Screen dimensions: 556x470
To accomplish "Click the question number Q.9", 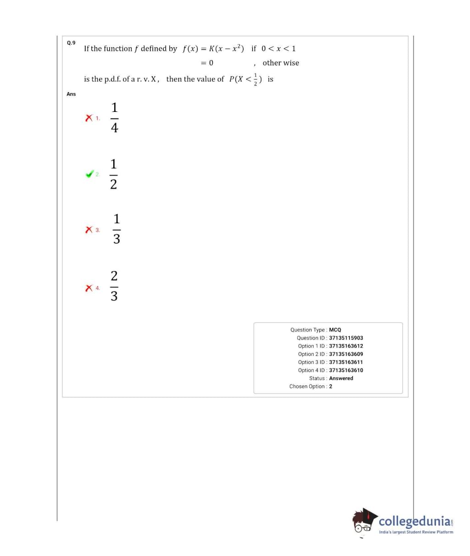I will click(71, 43).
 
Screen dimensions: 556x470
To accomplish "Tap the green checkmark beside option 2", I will click(89, 174).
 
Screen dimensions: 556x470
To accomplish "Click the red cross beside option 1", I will click(89, 118).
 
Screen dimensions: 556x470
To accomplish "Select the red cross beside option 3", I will click(89, 229).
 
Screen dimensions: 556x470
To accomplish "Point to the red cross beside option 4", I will click(89, 288).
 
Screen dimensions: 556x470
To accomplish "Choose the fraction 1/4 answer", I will click(114, 118).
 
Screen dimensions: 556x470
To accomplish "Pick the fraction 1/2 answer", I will click(113, 174).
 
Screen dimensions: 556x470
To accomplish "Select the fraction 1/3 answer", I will click(116, 229).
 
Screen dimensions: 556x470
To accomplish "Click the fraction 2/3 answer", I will click(114, 286).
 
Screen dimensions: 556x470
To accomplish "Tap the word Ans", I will click(71, 94).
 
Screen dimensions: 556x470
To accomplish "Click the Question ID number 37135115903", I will click(346, 338).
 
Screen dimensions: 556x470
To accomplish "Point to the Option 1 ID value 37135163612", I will click(346, 346).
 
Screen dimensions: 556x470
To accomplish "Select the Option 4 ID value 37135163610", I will click(346, 370).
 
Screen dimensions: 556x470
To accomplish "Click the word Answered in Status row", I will click(341, 378).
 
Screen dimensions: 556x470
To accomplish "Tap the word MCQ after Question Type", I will click(335, 330).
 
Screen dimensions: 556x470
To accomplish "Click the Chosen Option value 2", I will click(331, 386).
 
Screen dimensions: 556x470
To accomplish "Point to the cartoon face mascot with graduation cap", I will click(363, 522).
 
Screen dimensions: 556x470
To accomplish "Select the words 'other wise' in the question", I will click(281, 63).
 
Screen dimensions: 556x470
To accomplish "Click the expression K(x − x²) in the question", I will click(227, 49).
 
